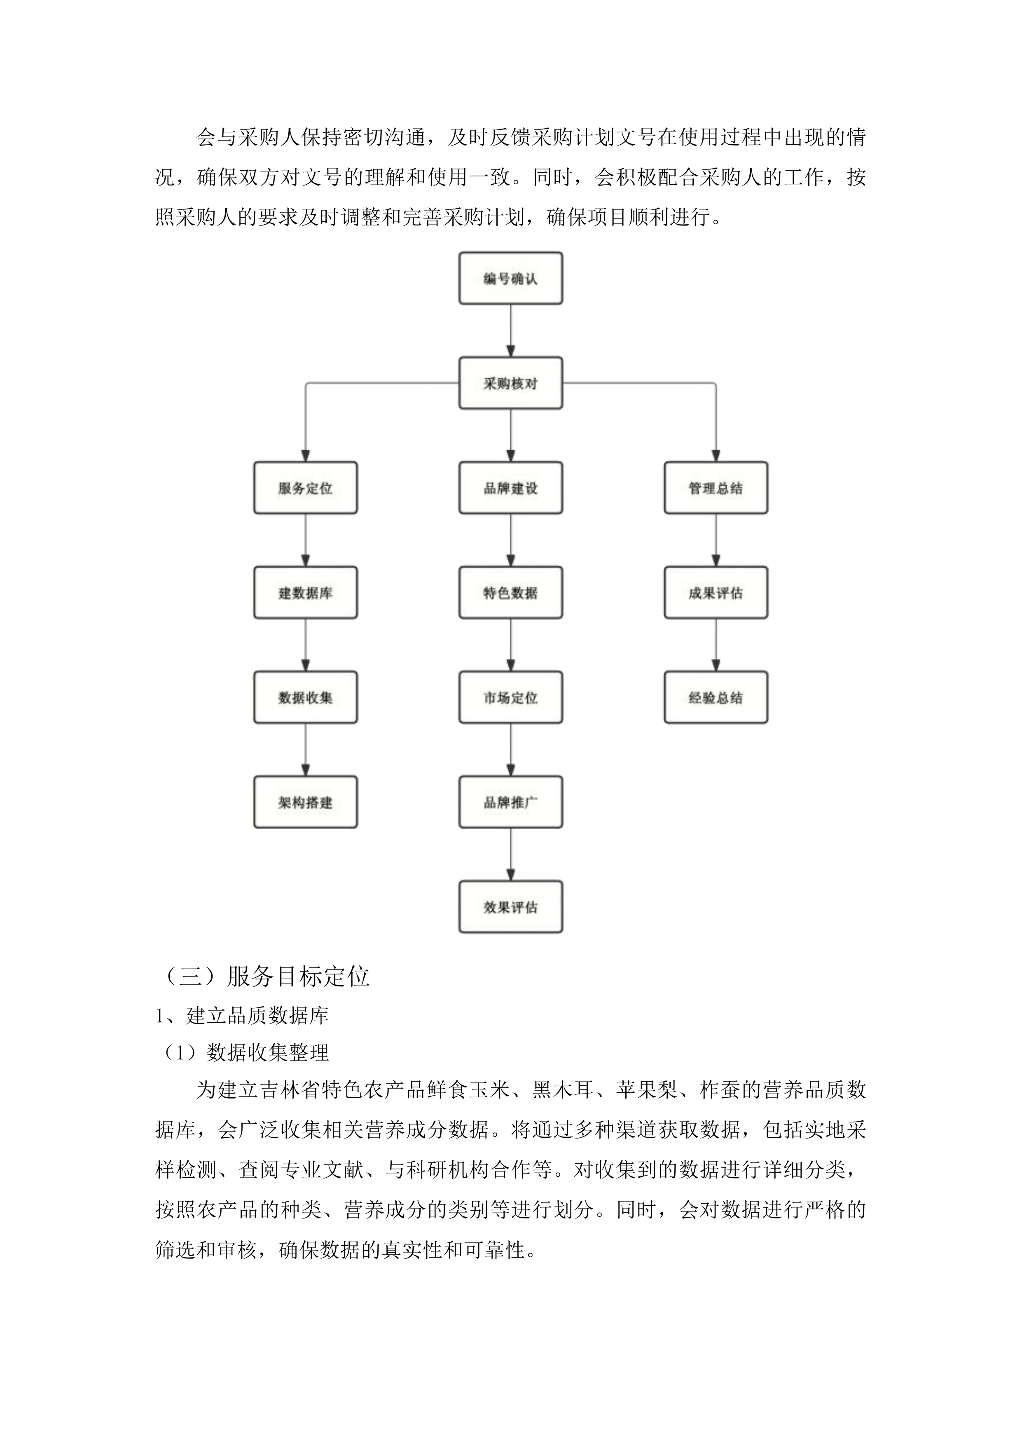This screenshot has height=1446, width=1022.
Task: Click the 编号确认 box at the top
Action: click(x=510, y=278)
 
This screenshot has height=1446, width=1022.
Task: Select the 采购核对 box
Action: click(x=510, y=383)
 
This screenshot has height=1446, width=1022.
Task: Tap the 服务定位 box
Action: click(x=305, y=488)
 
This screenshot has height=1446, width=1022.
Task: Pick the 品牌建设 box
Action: click(x=510, y=488)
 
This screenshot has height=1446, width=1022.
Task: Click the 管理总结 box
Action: click(x=716, y=488)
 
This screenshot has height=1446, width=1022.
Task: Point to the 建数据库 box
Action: click(x=305, y=593)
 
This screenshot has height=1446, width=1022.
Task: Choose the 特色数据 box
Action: click(x=510, y=593)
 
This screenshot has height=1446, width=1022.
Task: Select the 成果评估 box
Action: click(x=716, y=593)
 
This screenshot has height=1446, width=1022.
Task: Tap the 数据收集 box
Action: click(x=305, y=697)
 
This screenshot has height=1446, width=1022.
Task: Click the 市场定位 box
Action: click(x=510, y=697)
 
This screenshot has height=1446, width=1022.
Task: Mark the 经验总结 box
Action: click(x=716, y=697)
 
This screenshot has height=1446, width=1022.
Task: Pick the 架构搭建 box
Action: click(x=305, y=802)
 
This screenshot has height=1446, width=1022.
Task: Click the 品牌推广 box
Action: click(x=510, y=802)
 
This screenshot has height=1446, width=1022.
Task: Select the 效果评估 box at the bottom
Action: click(x=510, y=907)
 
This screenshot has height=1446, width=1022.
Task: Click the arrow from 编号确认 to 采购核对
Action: click(x=510, y=331)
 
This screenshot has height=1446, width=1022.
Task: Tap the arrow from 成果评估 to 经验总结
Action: click(x=716, y=645)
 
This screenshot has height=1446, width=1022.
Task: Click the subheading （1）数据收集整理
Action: click(x=246, y=1052)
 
